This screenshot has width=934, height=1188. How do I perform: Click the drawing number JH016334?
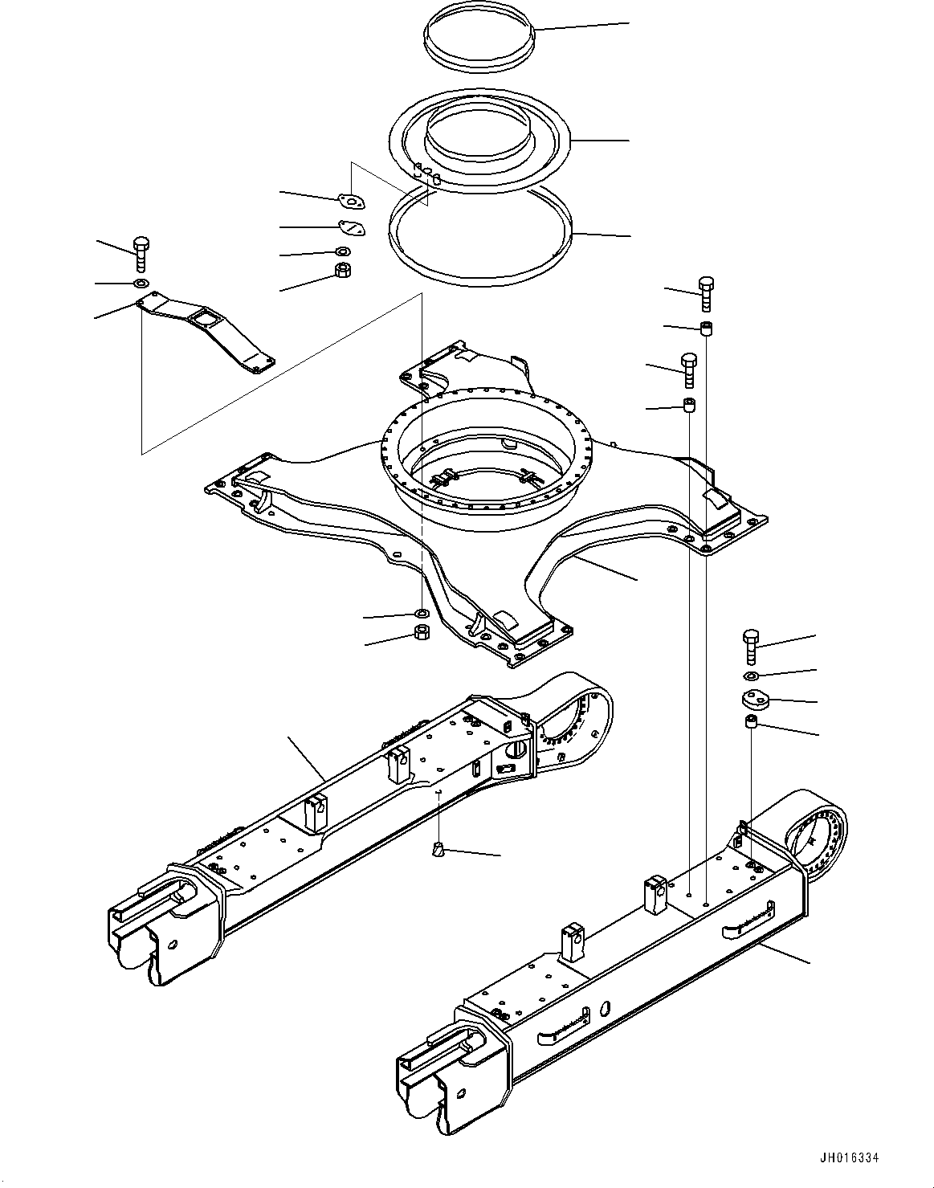[x=850, y=1158]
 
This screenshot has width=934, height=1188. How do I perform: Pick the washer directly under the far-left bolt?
[x=141, y=284]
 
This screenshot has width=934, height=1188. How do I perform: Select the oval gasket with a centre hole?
[x=349, y=201]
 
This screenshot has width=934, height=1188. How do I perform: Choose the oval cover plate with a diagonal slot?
[x=351, y=228]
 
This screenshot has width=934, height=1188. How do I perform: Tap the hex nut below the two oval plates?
[x=342, y=271]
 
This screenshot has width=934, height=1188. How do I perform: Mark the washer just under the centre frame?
[x=420, y=614]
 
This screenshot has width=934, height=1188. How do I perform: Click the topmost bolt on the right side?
[x=706, y=293]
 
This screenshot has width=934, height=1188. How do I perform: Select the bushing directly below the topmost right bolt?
[x=706, y=328]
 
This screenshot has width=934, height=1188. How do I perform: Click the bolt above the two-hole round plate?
[x=750, y=645]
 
